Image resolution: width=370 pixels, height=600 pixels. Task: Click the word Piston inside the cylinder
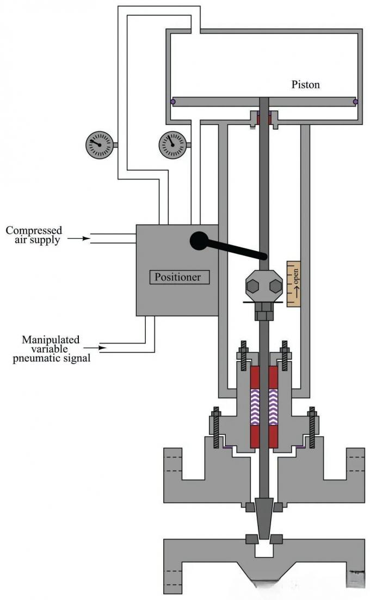click(306, 85)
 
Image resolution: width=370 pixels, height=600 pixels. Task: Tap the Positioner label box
click(177, 277)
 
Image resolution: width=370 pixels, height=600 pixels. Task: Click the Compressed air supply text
click(34, 235)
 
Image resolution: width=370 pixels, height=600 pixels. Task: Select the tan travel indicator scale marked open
click(294, 283)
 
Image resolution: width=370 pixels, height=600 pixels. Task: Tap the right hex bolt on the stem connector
click(275, 285)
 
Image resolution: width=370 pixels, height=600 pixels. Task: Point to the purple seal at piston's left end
click(172, 102)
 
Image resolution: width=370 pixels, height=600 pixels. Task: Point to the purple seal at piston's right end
click(356, 102)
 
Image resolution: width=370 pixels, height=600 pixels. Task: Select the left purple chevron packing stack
click(255, 407)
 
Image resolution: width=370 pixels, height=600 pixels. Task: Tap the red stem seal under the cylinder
click(264, 118)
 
